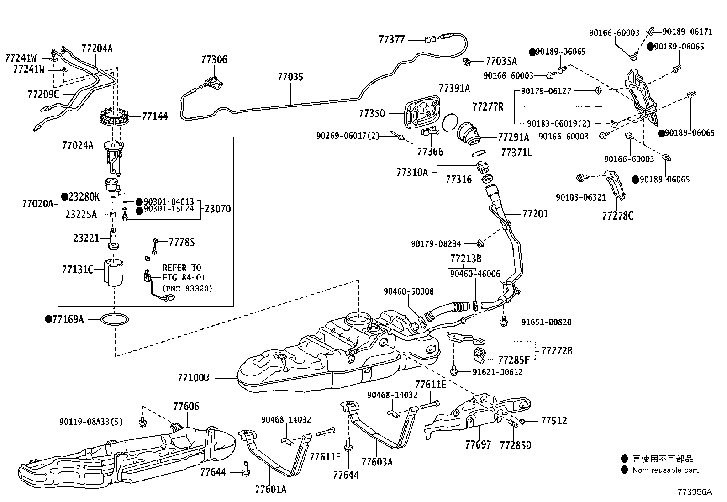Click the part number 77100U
(x=193, y=378)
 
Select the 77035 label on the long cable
(x=290, y=77)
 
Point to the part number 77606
(x=186, y=406)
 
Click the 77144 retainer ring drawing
(x=116, y=119)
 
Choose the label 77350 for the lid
(x=372, y=113)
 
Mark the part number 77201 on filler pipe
(x=535, y=214)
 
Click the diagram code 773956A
(x=694, y=492)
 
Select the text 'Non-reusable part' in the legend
(x=665, y=470)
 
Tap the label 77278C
(x=617, y=216)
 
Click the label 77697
(x=478, y=444)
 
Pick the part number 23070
(x=218, y=209)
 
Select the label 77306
(x=214, y=59)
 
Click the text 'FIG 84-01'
(x=184, y=278)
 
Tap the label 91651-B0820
(x=546, y=322)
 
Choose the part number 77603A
(x=377, y=462)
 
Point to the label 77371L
(x=516, y=153)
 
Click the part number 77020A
(x=37, y=204)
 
